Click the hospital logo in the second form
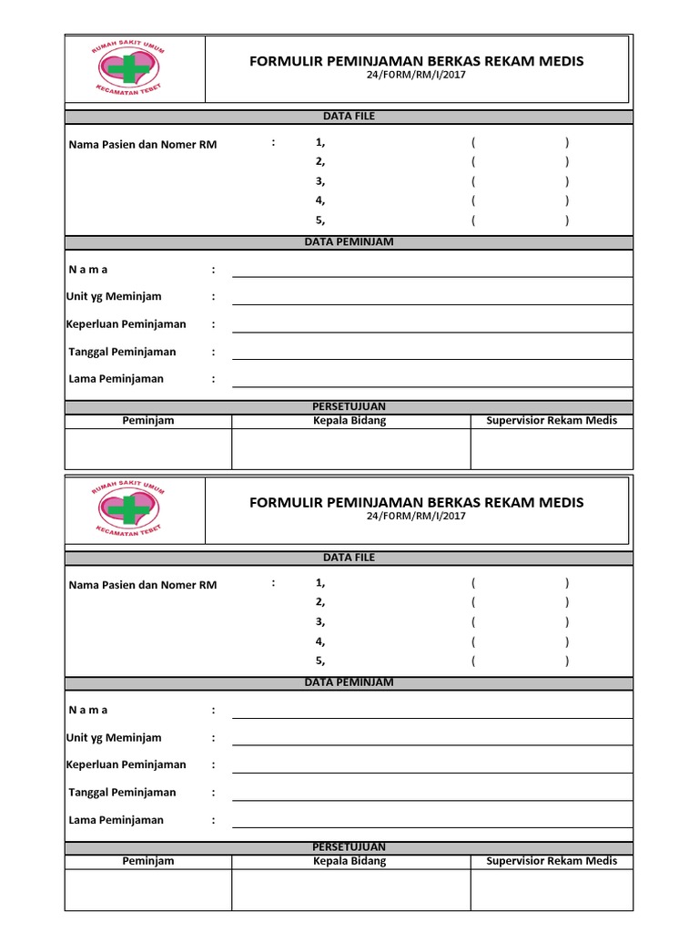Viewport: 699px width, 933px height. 127,508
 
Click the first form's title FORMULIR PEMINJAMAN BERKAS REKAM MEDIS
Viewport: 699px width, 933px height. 417,61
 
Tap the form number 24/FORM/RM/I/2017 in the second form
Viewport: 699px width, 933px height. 416,516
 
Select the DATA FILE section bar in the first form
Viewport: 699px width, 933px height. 349,117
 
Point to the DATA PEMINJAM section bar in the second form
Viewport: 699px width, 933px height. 349,682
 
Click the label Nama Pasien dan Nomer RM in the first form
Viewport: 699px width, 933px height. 143,144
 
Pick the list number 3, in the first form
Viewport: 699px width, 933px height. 320,181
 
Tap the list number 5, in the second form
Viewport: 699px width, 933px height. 320,661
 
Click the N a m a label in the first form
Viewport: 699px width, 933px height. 88,270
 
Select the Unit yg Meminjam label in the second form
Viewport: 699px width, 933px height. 114,737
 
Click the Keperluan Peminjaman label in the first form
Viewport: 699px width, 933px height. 127,324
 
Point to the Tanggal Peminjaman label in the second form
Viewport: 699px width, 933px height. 123,792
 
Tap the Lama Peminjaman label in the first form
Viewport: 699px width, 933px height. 116,379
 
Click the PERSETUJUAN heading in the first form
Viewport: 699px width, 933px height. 349,406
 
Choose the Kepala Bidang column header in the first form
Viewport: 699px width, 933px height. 349,420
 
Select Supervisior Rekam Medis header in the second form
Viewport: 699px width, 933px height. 552,860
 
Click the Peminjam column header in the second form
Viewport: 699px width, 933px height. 148,860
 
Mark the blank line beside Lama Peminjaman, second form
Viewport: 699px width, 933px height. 431,825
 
